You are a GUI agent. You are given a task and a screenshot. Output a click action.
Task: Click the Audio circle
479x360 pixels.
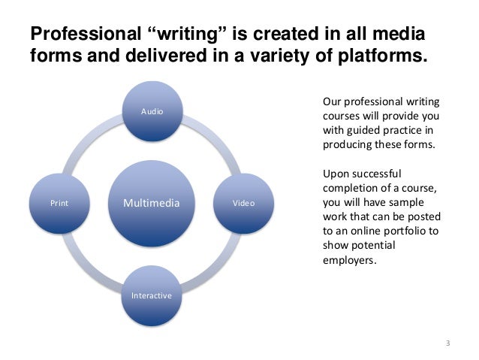152,112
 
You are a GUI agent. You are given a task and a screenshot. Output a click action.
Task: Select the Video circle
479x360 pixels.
243,203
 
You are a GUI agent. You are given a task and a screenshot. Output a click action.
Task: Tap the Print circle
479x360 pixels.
59,203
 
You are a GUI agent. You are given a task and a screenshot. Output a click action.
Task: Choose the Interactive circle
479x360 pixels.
152,295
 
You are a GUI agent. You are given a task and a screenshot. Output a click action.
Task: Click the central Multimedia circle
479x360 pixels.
152,203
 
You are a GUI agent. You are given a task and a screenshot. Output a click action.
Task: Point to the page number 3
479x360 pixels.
447,343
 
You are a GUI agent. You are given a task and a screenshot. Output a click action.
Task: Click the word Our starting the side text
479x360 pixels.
331,101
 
